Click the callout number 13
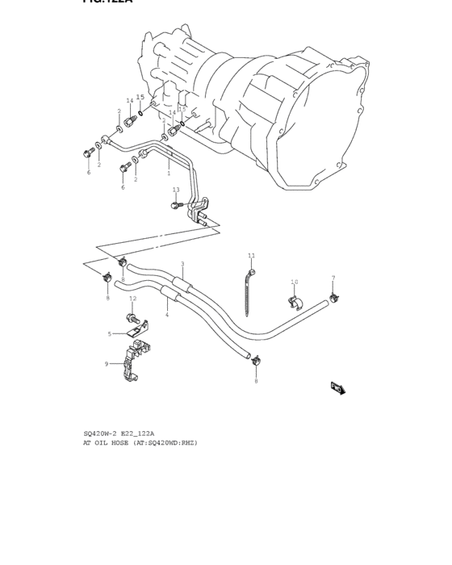[176, 190]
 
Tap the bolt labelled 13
[175, 205]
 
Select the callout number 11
[251, 256]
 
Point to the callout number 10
[294, 282]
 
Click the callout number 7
[333, 278]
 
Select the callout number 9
[106, 363]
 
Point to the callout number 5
[110, 333]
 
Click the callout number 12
[132, 299]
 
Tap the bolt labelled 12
[131, 316]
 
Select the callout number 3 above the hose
[182, 264]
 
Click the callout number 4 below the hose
[167, 315]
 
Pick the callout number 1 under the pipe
[169, 173]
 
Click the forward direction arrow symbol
[337, 387]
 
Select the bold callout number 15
[140, 97]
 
